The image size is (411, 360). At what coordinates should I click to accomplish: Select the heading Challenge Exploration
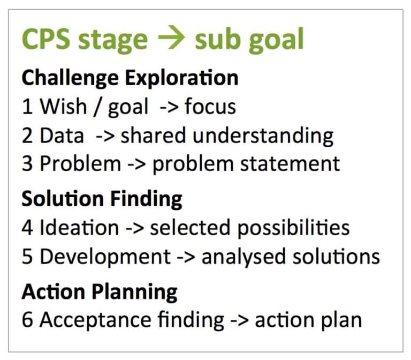pyautogui.click(x=130, y=78)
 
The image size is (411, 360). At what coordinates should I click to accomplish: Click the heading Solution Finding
pyautogui.click(x=102, y=199)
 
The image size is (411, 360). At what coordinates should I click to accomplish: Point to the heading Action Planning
pyautogui.click(x=99, y=292)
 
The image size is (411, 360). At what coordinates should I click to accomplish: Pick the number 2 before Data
pyautogui.click(x=28, y=136)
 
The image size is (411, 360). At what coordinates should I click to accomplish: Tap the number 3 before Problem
pyautogui.click(x=28, y=163)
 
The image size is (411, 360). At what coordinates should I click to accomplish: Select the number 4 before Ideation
pyautogui.click(x=28, y=228)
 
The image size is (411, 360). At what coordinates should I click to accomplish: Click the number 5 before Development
pyautogui.click(x=28, y=256)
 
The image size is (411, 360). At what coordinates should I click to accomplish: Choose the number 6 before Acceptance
pyautogui.click(x=28, y=320)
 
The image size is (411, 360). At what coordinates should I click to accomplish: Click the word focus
pyautogui.click(x=210, y=107)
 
